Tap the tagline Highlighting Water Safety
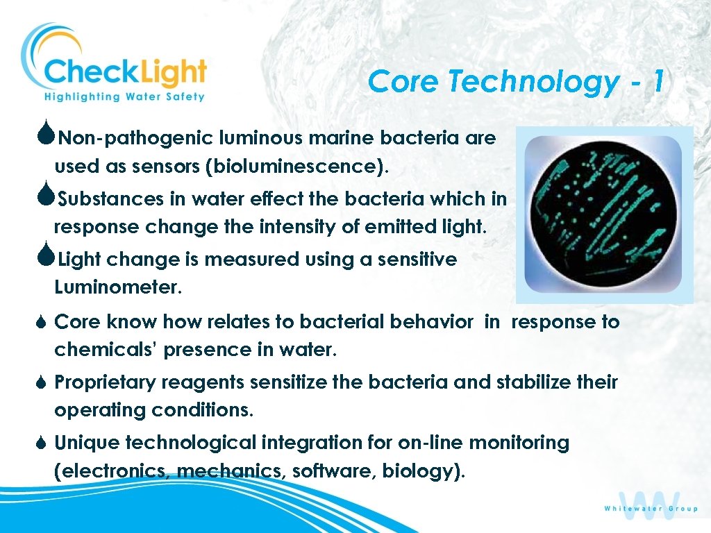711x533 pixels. (125, 97)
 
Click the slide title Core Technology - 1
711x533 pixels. (516, 82)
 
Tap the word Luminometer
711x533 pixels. (117, 288)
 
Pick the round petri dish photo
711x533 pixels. (603, 214)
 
